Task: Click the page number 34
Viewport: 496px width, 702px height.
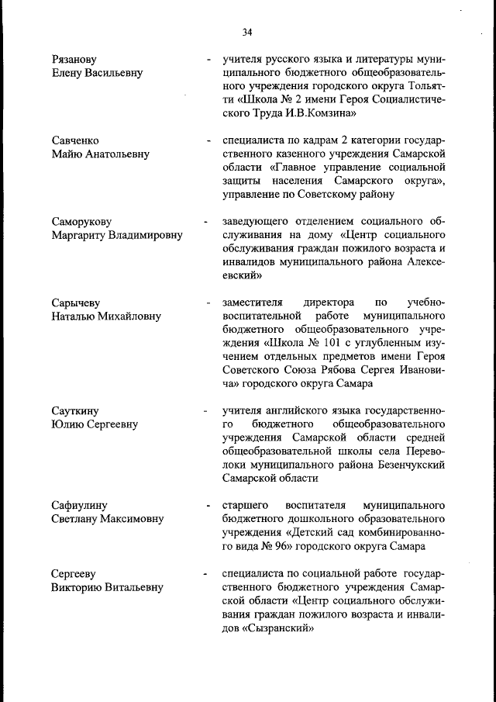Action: (x=247, y=32)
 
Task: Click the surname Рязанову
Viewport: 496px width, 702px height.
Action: (x=74, y=60)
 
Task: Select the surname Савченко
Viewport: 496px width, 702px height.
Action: (x=75, y=141)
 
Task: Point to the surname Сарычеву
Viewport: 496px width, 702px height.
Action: (x=76, y=303)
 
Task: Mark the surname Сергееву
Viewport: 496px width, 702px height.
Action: (x=73, y=574)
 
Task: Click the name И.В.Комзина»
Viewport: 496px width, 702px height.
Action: (x=320, y=113)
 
